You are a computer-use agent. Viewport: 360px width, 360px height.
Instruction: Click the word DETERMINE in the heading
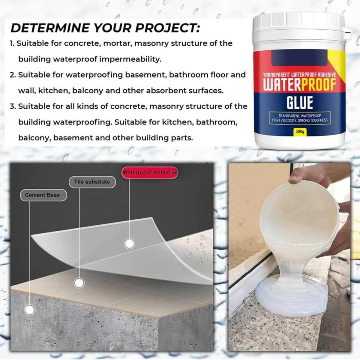(50, 28)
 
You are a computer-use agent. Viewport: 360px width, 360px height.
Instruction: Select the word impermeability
(130, 59)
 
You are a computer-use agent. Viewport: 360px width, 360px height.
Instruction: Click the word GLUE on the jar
(300, 102)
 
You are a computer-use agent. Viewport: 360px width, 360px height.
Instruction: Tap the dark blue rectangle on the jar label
(300, 58)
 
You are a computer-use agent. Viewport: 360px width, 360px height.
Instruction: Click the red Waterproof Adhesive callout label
(150, 172)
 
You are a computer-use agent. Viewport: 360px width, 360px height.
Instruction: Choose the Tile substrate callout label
(92, 182)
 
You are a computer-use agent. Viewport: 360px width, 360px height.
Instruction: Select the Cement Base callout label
(43, 195)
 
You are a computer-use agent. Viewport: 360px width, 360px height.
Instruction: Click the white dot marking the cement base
(29, 310)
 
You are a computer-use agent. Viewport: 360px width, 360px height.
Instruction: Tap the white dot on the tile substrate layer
(79, 283)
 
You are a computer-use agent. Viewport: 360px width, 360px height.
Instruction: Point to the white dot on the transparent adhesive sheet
(129, 244)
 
